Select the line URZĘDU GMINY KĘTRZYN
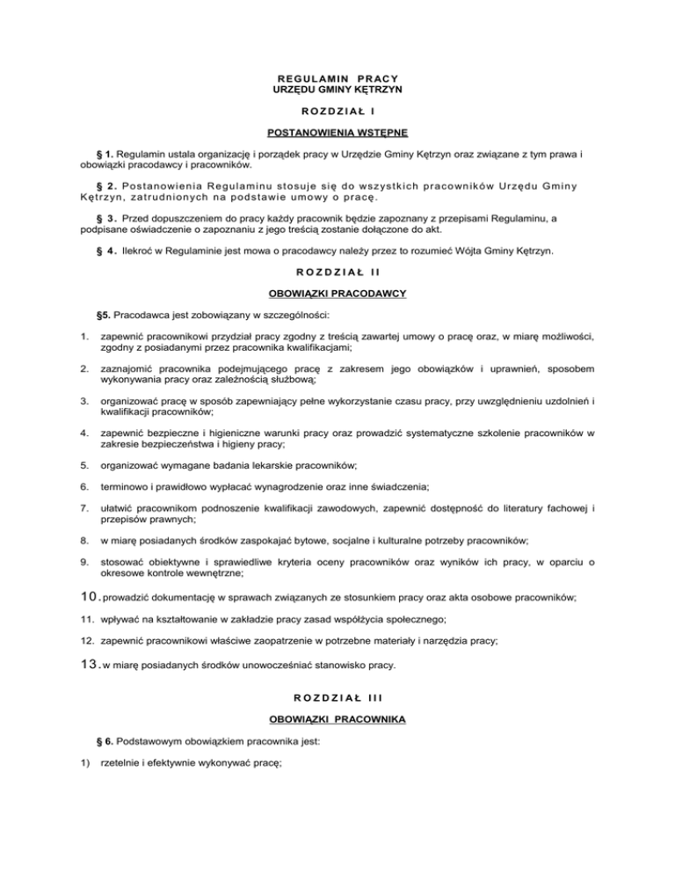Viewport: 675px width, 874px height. coord(337,90)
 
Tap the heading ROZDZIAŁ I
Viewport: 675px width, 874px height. coord(337,112)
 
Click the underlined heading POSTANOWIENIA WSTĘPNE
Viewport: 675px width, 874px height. coord(337,134)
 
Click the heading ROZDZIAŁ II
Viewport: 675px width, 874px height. coord(337,273)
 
